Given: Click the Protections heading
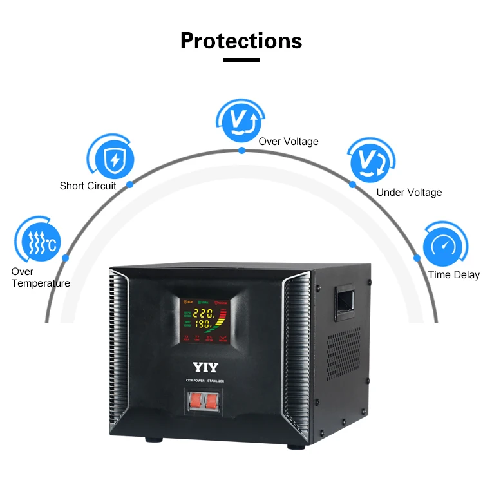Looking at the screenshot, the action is pos(241,41).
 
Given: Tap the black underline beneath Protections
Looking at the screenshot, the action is pos(241,60).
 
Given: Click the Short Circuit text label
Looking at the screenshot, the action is pos(88,186).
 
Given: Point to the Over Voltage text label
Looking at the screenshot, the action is pos(289,142).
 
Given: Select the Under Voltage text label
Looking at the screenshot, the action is pos(409,193).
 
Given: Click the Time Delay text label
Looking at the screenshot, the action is pos(453,275).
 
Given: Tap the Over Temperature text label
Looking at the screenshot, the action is pos(41,278).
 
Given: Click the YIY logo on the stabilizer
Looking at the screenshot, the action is pos(205,368).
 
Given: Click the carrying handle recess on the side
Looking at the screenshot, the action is pos(345,301).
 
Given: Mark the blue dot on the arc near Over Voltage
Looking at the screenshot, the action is pos(241,150).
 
